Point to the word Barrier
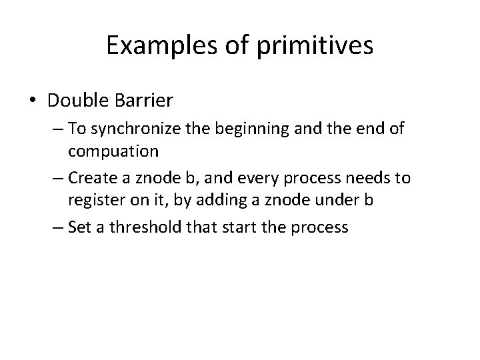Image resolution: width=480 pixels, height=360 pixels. click(x=147, y=101)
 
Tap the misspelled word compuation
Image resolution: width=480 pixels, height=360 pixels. click(x=113, y=151)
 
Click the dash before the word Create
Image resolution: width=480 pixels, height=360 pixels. click(x=57, y=179)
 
